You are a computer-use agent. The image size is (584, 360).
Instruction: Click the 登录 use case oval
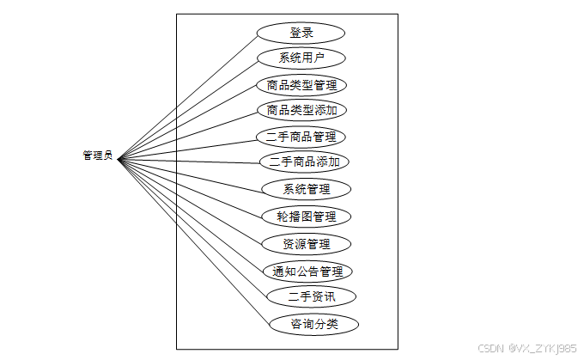[301, 33]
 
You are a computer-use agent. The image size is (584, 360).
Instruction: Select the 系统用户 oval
[301, 58]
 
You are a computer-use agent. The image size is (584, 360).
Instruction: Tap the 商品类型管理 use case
[301, 85]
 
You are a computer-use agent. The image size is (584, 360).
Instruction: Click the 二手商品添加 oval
[304, 162]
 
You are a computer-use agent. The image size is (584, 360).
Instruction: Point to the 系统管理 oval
[307, 189]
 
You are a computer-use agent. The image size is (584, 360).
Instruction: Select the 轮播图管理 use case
[307, 216]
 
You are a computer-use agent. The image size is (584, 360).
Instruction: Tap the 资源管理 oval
[307, 243]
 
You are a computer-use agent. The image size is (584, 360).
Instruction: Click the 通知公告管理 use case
[307, 272]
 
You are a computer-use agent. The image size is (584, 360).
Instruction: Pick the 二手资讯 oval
[311, 297]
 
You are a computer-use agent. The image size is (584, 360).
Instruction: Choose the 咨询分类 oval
[313, 325]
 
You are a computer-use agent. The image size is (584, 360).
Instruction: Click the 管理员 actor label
[97, 156]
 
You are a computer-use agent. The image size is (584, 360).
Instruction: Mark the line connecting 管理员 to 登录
[187, 96]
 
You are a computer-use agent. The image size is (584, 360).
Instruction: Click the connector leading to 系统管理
[189, 174]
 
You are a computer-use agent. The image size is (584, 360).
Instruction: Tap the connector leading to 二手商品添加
[189, 160]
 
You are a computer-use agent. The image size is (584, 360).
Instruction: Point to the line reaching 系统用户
[187, 109]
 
